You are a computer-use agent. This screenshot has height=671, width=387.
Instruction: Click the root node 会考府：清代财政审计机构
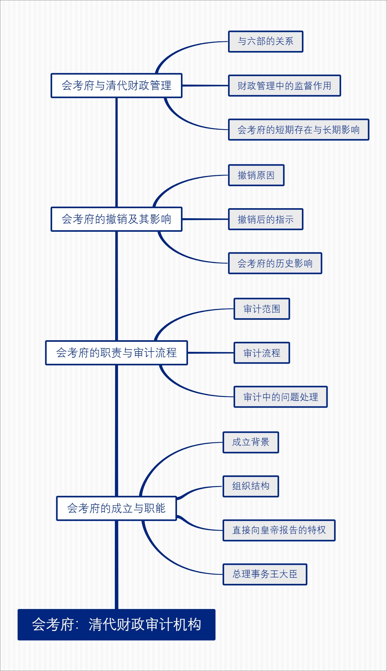click(x=116, y=624)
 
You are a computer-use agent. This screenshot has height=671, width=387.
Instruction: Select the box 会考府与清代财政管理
click(x=116, y=86)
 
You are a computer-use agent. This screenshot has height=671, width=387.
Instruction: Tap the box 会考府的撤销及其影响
click(x=116, y=219)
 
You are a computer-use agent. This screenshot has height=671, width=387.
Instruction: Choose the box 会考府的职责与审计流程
click(x=116, y=353)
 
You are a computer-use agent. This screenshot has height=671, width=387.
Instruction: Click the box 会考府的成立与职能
click(x=116, y=508)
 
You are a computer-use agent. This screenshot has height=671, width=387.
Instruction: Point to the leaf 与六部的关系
click(x=265, y=41)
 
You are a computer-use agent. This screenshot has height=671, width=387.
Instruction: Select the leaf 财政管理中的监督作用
click(x=284, y=86)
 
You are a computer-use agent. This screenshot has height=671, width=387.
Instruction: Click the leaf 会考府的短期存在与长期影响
click(x=298, y=129)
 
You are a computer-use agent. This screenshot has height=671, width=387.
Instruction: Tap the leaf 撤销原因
click(x=256, y=175)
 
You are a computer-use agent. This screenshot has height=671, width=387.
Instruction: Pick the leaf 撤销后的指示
click(x=265, y=219)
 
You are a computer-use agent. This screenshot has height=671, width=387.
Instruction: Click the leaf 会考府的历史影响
click(x=275, y=263)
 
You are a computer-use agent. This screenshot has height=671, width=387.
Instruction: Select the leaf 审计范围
click(x=262, y=309)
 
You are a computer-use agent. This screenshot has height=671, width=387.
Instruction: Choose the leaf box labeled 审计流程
click(x=262, y=353)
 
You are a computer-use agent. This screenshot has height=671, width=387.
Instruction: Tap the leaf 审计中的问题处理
click(x=281, y=397)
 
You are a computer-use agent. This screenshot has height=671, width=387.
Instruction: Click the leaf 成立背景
click(x=251, y=442)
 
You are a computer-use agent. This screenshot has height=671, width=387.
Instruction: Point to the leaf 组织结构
click(x=251, y=486)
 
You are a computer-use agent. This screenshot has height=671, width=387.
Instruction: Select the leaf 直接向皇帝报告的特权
click(x=279, y=530)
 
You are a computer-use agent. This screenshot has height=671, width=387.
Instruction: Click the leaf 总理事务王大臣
click(x=265, y=574)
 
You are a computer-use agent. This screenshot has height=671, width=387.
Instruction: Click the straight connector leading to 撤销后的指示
click(x=205, y=219)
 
